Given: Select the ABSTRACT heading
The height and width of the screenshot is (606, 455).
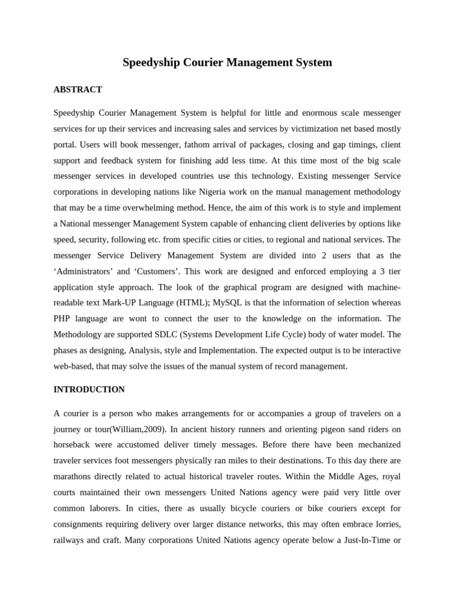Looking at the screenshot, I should point(78,90).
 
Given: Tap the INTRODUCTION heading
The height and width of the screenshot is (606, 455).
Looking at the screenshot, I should point(89,390).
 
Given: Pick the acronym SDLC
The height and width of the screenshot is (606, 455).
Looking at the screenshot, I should point(177,335).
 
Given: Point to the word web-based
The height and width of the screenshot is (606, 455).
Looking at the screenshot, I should point(74,366).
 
